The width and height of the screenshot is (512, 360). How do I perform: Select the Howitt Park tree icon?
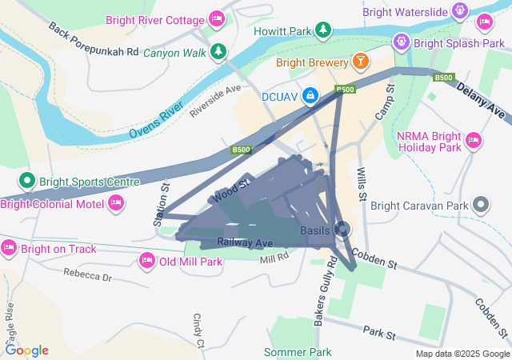[x=322, y=30]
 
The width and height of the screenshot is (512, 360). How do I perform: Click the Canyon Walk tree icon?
[x=218, y=53]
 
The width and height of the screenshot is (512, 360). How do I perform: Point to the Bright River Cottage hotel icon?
[x=215, y=18]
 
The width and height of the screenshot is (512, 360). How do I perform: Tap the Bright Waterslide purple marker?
[x=459, y=11]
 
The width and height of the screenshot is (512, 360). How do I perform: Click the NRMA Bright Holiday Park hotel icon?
[x=473, y=141]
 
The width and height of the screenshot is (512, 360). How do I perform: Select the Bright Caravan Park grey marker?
[x=481, y=205]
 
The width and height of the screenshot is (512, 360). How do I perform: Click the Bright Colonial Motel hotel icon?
[x=116, y=204]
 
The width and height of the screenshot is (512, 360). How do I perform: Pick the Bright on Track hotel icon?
[x=10, y=249]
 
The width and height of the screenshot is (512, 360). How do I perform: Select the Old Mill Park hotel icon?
[x=146, y=261]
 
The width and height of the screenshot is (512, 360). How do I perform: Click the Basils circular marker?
[x=342, y=230]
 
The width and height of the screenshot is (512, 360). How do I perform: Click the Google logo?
[x=27, y=350]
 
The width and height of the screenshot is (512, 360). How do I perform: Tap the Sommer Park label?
[x=298, y=352]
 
